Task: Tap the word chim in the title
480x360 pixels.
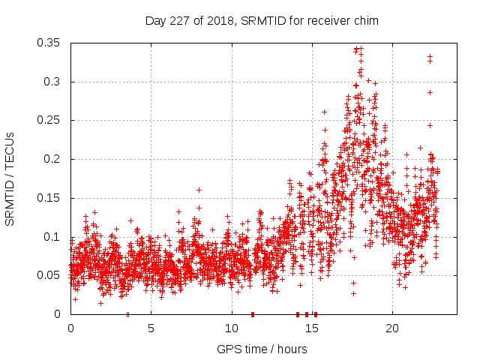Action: point(366,21)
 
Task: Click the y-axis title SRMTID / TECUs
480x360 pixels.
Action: point(10,178)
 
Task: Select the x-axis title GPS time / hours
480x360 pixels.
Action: point(262,349)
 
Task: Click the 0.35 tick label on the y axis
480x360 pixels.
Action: point(49,43)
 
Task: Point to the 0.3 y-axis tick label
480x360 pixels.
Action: point(52,82)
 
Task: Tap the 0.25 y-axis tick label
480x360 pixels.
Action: point(49,120)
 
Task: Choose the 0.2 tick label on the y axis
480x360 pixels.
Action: point(52,159)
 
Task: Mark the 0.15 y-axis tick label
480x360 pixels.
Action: point(49,198)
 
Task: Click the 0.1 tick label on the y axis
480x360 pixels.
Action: point(52,237)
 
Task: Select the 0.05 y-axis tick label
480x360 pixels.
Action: point(49,275)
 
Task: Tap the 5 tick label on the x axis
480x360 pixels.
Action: point(151,328)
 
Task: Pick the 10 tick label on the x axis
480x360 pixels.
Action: point(231,328)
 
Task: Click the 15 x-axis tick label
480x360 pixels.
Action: point(311,328)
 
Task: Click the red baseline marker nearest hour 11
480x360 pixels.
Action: point(253,314)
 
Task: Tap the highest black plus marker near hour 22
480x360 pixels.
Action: point(430,56)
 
